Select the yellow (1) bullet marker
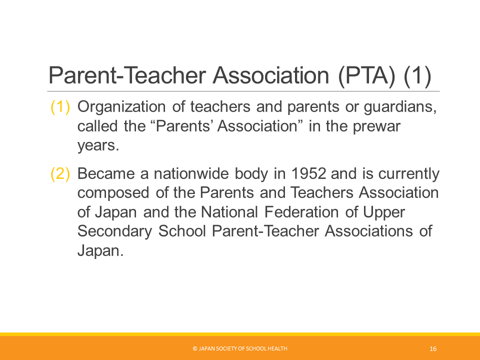click(x=60, y=107)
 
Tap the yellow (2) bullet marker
click(x=60, y=173)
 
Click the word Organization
click(x=121, y=107)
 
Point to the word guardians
click(x=400, y=107)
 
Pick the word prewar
click(x=376, y=126)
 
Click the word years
click(x=98, y=145)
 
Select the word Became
click(x=106, y=173)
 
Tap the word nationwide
click(x=191, y=173)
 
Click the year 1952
click(x=308, y=173)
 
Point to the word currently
click(x=408, y=174)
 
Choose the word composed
click(x=113, y=193)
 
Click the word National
click(x=229, y=212)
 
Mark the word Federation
click(x=301, y=212)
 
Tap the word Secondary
click(x=114, y=231)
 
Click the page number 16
click(x=433, y=348)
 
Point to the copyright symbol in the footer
click(x=195, y=348)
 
